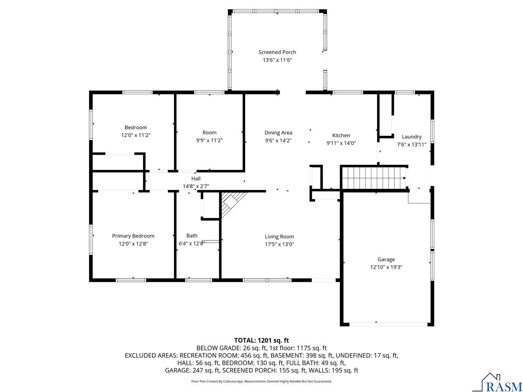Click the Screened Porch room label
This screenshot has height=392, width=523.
[x=277, y=52]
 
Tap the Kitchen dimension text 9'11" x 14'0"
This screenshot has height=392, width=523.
[x=341, y=143]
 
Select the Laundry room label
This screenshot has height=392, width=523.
[x=411, y=137]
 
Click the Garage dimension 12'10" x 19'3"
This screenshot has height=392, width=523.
[x=386, y=267]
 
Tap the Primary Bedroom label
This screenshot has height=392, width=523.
[x=133, y=236]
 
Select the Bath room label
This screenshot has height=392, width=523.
[x=192, y=236]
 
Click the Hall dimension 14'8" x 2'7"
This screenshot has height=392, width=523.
[x=196, y=186]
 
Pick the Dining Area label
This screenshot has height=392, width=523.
[x=278, y=132]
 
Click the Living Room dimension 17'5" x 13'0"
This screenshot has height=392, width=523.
[x=279, y=244]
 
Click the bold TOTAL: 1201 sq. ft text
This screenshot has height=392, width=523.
[x=261, y=340]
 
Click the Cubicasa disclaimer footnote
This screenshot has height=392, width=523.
[x=261, y=381]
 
